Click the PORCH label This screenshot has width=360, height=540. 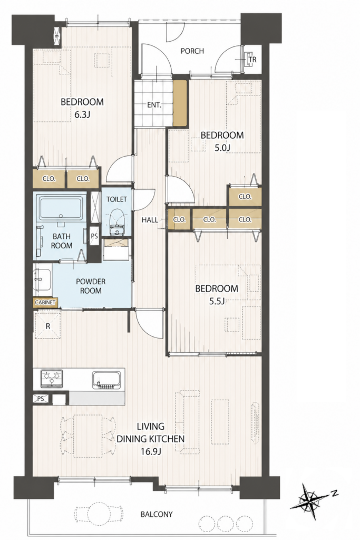click(192, 51)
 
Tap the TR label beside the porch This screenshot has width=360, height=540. click(252, 60)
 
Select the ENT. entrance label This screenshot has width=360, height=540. click(154, 105)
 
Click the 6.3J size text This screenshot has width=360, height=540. click(82, 114)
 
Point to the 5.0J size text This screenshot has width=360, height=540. click(222, 148)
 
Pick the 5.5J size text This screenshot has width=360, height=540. click(217, 301)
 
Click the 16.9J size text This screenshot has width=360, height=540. click(151, 451)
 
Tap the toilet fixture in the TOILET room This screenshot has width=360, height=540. click(116, 221)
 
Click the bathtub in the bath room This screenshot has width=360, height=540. click(61, 208)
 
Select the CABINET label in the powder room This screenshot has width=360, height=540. click(45, 302)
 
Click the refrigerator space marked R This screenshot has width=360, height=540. click(48, 325)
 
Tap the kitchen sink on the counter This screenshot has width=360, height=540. click(106, 380)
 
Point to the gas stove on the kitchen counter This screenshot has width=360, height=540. click(52, 379)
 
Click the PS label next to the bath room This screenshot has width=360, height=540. click(94, 236)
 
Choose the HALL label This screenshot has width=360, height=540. click(150, 220)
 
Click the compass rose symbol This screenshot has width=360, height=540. click(311, 500)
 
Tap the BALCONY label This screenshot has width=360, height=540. click(157, 515)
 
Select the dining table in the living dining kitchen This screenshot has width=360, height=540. click(88, 436)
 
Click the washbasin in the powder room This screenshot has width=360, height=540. click(42, 280)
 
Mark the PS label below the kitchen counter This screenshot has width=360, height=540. click(41, 399)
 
